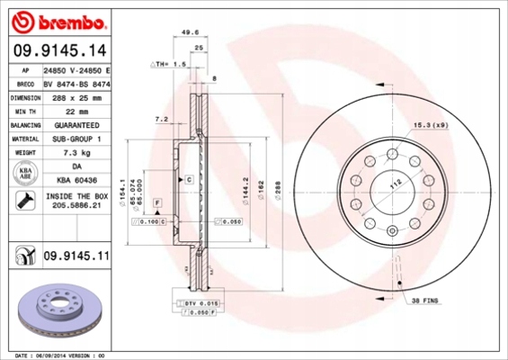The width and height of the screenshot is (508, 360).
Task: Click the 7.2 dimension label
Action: tap(163, 118)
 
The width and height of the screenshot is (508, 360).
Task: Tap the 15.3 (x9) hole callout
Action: tap(432, 125)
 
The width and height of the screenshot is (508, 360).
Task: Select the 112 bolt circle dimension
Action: tap(393, 185)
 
